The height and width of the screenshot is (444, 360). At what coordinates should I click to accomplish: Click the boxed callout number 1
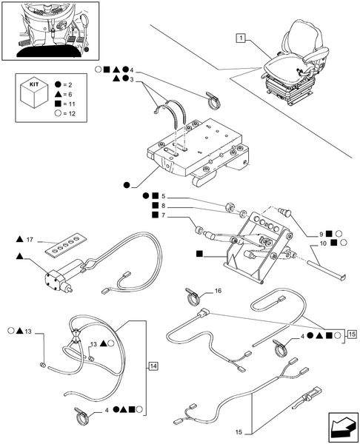(x=241, y=38)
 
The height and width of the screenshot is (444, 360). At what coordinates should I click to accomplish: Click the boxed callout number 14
(x=153, y=366)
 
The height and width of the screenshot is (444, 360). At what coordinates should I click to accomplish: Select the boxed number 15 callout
(x=352, y=334)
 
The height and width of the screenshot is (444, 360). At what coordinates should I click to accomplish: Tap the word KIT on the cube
(x=34, y=84)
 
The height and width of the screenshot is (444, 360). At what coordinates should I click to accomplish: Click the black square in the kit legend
(x=58, y=104)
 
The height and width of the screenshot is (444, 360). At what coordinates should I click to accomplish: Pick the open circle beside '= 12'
(x=58, y=113)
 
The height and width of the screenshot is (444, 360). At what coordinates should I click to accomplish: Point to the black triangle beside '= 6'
(x=58, y=94)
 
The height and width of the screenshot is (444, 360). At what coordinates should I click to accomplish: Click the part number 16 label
(x=218, y=291)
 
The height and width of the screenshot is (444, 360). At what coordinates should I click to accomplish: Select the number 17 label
(x=30, y=240)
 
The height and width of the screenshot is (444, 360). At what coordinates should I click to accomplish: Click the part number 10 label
(x=323, y=243)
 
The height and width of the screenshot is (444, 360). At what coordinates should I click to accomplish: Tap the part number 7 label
(x=163, y=215)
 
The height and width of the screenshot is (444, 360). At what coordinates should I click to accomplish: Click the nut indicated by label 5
(x=229, y=207)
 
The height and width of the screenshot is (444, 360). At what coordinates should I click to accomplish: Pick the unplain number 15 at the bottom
(x=239, y=432)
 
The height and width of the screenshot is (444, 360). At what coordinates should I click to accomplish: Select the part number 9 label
(x=321, y=234)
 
